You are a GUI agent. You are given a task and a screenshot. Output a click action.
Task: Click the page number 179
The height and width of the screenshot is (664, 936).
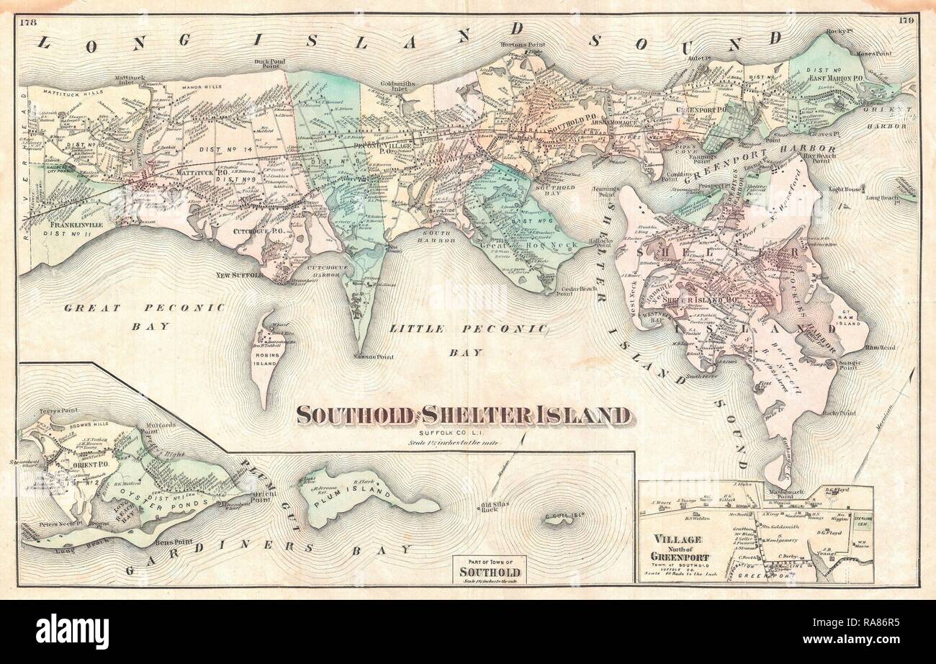point(906,20)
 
